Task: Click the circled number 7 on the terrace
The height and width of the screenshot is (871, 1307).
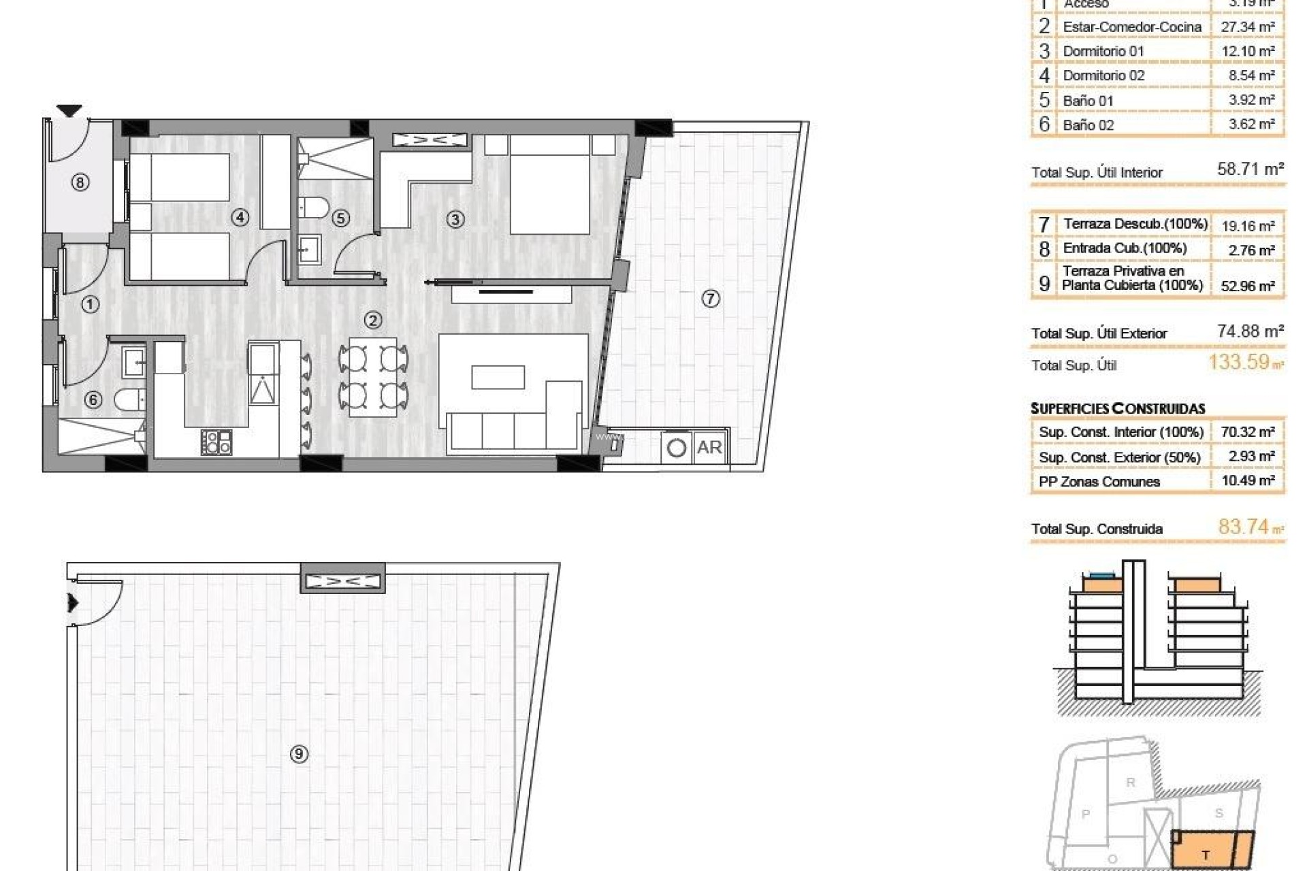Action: tap(710, 298)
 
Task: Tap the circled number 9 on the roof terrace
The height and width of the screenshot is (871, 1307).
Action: tap(299, 754)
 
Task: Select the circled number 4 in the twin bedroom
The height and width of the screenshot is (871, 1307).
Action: tap(240, 217)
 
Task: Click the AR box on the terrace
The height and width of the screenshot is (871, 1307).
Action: tap(709, 448)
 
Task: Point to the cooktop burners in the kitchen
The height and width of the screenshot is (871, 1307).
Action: tap(216, 442)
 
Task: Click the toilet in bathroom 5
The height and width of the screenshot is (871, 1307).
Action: tap(314, 206)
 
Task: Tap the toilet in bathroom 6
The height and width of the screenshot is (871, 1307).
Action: tap(129, 399)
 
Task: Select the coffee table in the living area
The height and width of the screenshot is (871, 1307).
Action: tap(498, 377)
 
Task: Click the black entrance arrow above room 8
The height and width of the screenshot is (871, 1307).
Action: tap(69, 110)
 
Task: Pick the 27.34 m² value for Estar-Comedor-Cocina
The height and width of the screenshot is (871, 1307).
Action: tap(1248, 27)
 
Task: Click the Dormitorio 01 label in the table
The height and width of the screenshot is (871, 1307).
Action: tap(1103, 51)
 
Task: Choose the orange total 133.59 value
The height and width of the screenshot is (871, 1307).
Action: tap(1239, 362)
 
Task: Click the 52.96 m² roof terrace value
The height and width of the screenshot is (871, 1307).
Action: tap(1247, 286)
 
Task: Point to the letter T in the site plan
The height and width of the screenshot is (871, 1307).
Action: tap(1206, 855)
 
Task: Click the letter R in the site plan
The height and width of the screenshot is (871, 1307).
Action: tap(1131, 783)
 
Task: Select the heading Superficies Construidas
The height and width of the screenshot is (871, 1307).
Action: tap(1118, 408)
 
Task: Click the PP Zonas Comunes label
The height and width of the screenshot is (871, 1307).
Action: tap(1099, 482)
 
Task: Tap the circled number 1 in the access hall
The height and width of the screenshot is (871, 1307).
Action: tap(90, 304)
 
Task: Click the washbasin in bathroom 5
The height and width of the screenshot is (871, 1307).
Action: tap(309, 249)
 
